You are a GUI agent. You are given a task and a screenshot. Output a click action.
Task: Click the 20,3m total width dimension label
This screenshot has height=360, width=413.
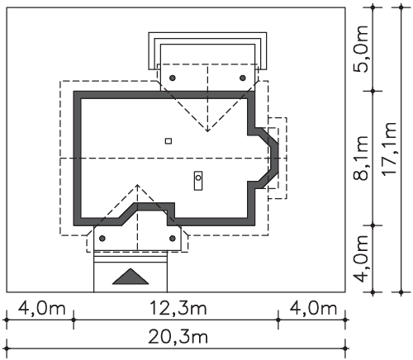(x=178, y=337)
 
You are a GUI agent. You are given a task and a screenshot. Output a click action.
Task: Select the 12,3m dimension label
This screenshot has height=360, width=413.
(x=178, y=308)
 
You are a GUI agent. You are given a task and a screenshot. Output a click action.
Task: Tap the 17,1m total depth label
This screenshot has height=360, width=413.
(x=389, y=149)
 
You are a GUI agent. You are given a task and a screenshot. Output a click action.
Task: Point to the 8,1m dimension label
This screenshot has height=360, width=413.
(x=360, y=158)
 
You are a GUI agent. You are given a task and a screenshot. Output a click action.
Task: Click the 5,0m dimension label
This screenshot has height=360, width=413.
(x=360, y=49)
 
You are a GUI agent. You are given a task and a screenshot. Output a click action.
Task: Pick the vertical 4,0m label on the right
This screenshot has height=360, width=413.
(x=360, y=258)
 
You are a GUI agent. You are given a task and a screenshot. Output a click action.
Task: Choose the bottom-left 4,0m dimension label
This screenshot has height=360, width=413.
(x=42, y=308)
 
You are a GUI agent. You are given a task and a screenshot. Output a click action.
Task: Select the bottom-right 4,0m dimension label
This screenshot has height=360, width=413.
(x=313, y=308)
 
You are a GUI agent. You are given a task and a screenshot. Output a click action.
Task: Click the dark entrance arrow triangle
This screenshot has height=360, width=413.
(x=131, y=277)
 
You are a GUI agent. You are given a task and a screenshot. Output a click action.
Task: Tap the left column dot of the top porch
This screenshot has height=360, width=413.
(x=173, y=78)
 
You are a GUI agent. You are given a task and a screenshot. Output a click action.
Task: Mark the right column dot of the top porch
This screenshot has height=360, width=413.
(x=243, y=78)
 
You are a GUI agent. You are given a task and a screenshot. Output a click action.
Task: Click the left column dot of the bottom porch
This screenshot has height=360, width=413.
(x=102, y=239)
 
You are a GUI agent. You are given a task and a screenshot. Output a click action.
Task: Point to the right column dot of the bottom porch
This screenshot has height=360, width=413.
(x=173, y=239)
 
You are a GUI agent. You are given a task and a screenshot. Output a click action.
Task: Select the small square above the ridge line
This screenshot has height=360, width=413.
(x=169, y=141)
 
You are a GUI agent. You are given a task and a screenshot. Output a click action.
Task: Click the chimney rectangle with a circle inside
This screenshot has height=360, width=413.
(x=198, y=181)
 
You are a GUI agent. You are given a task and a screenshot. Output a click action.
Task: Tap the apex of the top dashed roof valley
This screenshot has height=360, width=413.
(x=207, y=131)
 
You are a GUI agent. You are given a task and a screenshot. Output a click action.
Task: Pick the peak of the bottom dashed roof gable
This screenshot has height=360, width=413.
(x=137, y=185)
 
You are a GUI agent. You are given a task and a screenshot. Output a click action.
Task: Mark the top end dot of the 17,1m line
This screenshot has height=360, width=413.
(x=401, y=7)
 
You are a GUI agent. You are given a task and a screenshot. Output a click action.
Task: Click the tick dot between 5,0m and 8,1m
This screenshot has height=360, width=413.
(x=373, y=91)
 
